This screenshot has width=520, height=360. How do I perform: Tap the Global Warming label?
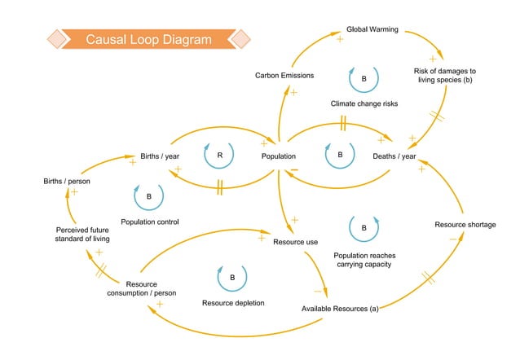[x=372, y=30]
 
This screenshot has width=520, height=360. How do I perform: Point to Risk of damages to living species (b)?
[x=444, y=77]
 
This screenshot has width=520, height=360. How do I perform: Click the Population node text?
[x=278, y=156]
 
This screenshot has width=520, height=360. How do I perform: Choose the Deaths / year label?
[x=394, y=156]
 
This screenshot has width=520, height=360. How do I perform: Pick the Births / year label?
[x=161, y=156]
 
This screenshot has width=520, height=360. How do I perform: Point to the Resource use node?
[x=295, y=242]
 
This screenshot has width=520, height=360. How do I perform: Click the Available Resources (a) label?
[x=340, y=309]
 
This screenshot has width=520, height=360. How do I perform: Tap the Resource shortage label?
[x=465, y=224]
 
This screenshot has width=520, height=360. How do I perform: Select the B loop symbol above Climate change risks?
[x=364, y=79]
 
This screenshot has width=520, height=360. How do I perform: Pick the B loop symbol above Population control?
[x=148, y=196]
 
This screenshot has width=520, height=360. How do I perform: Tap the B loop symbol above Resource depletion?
[x=231, y=278]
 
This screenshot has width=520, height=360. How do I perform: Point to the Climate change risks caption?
[x=364, y=103]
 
